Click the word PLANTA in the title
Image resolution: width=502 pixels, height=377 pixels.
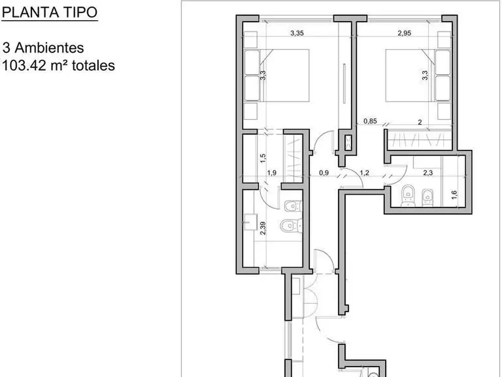click(x=31, y=12)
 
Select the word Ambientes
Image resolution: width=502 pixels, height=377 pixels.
click(x=50, y=48)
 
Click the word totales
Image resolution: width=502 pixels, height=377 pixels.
click(x=94, y=65)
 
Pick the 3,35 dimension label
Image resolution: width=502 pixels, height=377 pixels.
click(x=297, y=33)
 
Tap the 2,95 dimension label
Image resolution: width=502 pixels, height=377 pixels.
click(x=404, y=33)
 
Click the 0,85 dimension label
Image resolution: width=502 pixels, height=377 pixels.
click(x=370, y=121)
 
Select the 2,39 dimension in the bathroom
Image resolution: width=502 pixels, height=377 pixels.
click(x=263, y=228)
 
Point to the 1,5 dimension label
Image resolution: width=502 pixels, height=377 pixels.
click(x=263, y=158)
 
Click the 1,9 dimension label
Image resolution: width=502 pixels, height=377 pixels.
click(x=272, y=173)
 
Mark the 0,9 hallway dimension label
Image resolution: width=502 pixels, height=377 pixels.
click(x=324, y=173)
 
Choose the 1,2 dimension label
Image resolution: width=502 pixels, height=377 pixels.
click(x=364, y=173)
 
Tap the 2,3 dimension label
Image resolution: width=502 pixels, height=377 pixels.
click(x=427, y=173)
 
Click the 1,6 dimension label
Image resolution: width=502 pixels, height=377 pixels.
click(x=454, y=194)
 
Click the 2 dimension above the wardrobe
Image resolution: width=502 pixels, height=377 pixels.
click(x=420, y=122)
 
